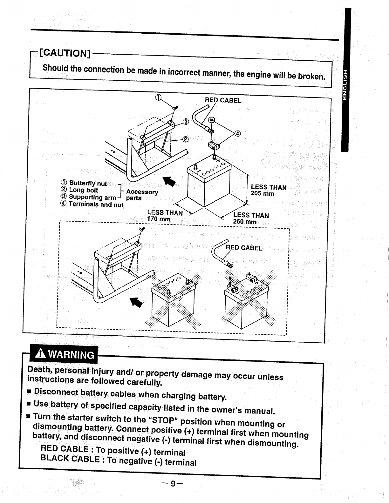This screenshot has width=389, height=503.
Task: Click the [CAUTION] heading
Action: point(65,53)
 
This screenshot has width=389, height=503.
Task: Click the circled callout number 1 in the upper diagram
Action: point(158,97)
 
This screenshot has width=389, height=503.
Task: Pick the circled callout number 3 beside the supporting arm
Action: point(186,122)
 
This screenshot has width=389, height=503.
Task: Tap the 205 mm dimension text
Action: point(262,194)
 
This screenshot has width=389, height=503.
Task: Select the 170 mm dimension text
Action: point(159,219)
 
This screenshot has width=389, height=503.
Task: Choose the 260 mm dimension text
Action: point(244,222)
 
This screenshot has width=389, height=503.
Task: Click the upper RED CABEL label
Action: point(223,100)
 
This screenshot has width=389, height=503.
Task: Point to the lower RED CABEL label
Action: point(244,248)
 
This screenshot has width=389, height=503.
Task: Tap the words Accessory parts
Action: point(142,195)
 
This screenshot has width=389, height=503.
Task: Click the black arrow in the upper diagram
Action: point(169,182)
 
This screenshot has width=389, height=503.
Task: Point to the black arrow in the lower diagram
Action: point(137,302)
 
